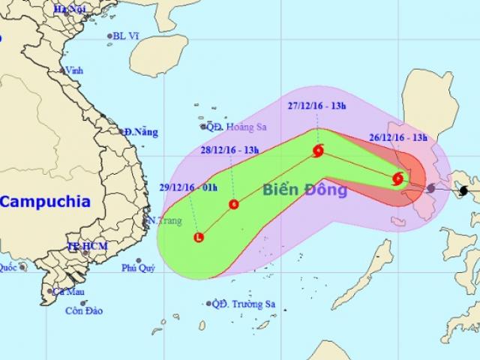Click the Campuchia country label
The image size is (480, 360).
coord(45,201)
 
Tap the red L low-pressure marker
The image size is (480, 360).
coord(198,238)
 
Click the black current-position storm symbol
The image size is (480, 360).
coord(464,190)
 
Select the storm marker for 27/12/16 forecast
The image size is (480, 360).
coord(318,151)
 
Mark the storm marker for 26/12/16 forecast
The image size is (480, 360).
coord(398,178)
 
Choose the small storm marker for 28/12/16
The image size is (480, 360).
coord(234,204)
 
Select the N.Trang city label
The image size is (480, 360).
coord(162,220)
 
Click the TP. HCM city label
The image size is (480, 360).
coord(84,247)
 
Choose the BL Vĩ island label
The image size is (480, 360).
coord(125,35)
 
